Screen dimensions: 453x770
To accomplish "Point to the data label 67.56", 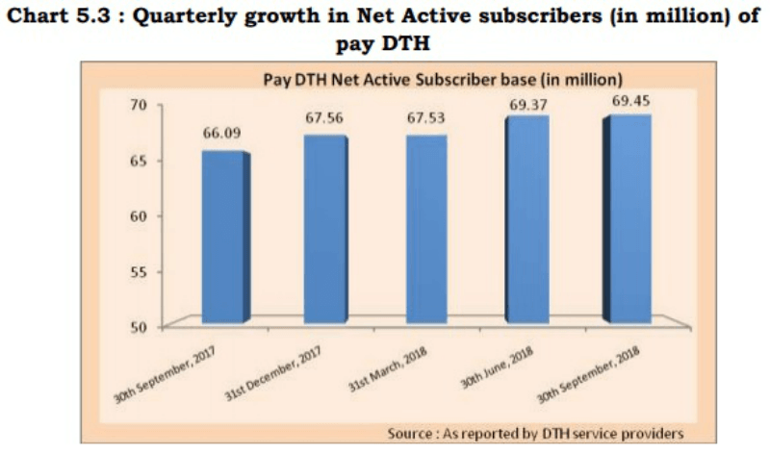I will pyautogui.click(x=323, y=117).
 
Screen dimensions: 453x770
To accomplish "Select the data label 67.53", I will pyautogui.click(x=424, y=117).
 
